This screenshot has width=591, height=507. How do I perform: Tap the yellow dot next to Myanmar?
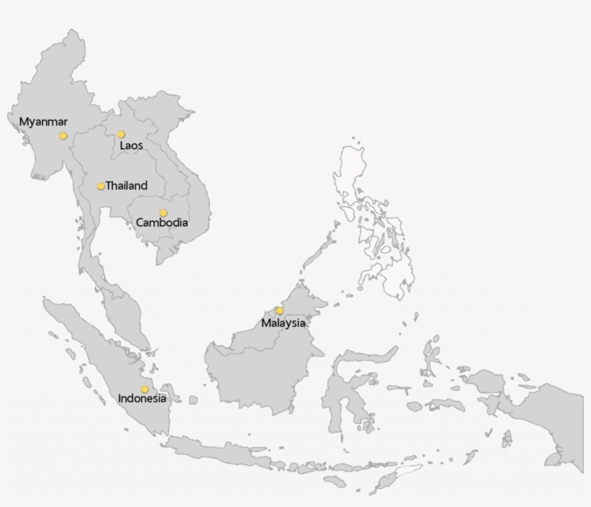[63, 135]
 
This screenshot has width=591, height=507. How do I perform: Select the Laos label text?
[131, 145]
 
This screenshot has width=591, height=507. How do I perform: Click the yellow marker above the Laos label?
[121, 134]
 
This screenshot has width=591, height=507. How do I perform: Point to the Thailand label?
[126, 186]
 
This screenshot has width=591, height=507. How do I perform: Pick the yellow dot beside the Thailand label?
[101, 187]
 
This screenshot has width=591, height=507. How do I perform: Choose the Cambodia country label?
[162, 223]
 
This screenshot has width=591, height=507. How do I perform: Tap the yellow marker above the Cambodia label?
[163, 212]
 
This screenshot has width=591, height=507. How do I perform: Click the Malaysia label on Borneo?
[283, 323]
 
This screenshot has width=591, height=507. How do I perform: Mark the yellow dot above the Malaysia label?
[280, 310]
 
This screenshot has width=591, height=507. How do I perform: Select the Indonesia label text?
[142, 398]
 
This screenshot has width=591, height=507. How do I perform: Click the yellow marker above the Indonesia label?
[145, 389]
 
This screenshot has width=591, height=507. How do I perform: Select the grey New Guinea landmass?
[548, 418]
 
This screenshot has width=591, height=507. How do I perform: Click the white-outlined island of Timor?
[400, 475]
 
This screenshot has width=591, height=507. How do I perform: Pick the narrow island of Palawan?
[317, 248]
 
